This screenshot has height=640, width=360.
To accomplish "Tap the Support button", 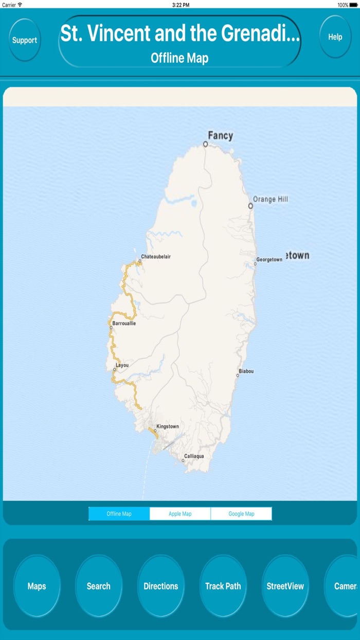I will tap(25, 40).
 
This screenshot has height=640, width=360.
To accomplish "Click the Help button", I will tap(335, 37).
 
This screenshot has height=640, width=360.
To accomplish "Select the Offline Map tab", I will tap(119, 513).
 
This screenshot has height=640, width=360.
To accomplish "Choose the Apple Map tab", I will tap(180, 513).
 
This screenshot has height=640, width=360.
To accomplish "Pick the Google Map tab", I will tap(241, 513).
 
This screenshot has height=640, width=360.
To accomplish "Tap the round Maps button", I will tap(37, 586).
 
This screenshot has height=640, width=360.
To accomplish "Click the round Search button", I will tap(98, 586).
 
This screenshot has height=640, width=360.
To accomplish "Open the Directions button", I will tap(160, 586).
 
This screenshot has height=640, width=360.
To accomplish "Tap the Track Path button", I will tap(223, 586).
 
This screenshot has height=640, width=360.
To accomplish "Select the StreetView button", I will tap(285, 586).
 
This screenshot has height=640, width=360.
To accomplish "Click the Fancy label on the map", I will tap(220, 136).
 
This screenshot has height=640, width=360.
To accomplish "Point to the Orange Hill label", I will tap(271, 199).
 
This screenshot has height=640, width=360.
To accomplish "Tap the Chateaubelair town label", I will tap(156, 256).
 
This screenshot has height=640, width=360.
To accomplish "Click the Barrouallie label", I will tap(124, 323).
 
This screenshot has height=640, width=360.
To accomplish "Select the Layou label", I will tap(122, 365).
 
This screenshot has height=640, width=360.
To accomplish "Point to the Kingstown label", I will tap(168, 426).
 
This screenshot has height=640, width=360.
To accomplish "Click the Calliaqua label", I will tap(194, 456).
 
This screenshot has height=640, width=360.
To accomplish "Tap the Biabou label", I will tap(246, 371).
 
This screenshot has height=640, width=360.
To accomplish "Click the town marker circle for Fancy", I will tap(205, 145).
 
